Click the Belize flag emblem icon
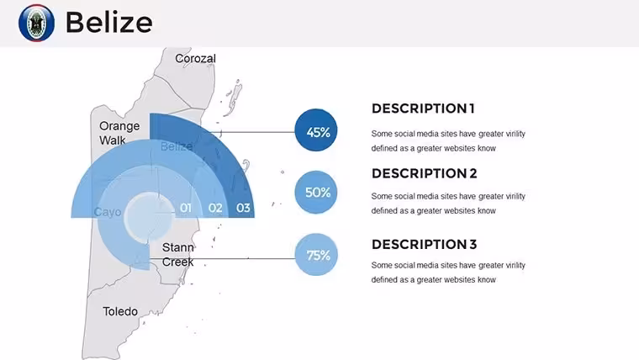click(x=36, y=23)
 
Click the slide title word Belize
click(x=108, y=22)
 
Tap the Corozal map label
click(x=195, y=58)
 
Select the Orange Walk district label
click(x=119, y=133)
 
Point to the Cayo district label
click(x=108, y=212)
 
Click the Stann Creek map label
click(x=177, y=254)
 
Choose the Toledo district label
click(x=120, y=311)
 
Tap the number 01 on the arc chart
click(x=186, y=208)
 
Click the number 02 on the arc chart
click(x=215, y=208)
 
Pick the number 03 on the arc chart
click(x=243, y=208)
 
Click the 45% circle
click(x=316, y=130)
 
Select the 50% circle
click(x=316, y=192)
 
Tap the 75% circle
click(x=316, y=254)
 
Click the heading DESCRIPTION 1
click(x=423, y=109)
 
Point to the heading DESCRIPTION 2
click(x=425, y=173)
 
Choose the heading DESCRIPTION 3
click(x=425, y=244)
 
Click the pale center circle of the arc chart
click(x=150, y=217)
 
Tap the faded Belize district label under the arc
click(x=177, y=146)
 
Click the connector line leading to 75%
click(x=223, y=258)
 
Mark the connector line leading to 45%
click(x=257, y=132)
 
